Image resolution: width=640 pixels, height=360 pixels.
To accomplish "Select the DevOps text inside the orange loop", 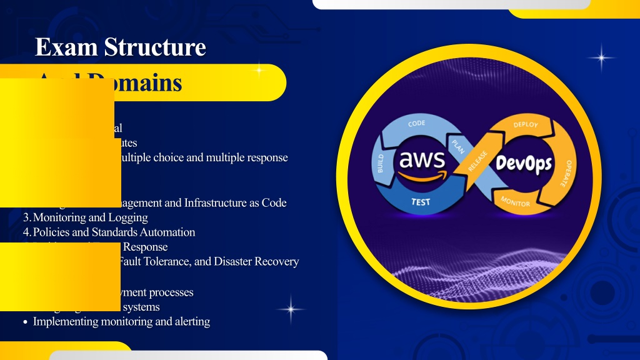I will (524, 164).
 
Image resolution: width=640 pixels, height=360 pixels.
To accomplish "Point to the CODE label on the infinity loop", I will (417, 124).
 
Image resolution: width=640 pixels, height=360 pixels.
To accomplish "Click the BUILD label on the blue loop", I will (379, 162).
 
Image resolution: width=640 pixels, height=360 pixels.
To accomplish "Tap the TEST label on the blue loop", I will (420, 202).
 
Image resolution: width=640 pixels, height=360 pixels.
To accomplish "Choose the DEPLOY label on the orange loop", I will (525, 124).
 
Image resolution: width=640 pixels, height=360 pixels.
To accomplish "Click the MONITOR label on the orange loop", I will (516, 201).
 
